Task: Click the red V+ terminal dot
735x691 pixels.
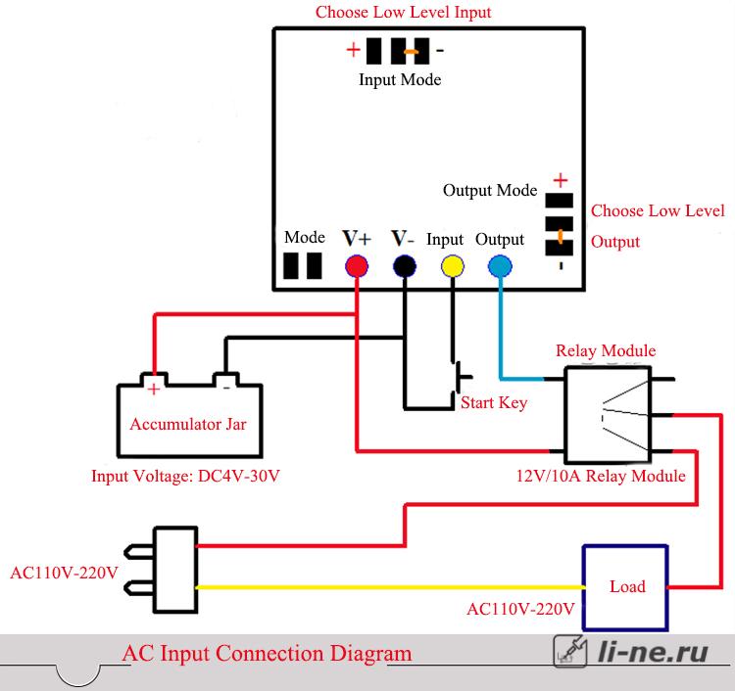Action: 357,266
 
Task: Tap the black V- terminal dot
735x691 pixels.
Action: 405,266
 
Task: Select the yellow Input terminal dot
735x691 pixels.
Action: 453,266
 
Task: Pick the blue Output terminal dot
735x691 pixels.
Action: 500,266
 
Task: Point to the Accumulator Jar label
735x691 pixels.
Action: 188,424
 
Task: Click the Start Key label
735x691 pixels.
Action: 494,402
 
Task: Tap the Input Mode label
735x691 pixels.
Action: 400,79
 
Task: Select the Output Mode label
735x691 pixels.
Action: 490,190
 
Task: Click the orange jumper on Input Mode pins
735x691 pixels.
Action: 411,52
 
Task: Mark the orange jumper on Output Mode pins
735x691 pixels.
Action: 560,237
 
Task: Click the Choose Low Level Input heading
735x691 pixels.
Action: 403,12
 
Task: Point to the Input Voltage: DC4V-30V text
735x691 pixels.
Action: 185,476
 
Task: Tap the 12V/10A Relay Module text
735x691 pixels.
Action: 601,476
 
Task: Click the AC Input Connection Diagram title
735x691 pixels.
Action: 268,654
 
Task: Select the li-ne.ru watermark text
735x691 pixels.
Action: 653,652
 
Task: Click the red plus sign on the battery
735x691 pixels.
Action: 153,389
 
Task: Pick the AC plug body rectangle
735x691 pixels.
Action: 175,570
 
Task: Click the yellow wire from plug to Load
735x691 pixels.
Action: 390,587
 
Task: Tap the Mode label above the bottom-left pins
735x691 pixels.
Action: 305,238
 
